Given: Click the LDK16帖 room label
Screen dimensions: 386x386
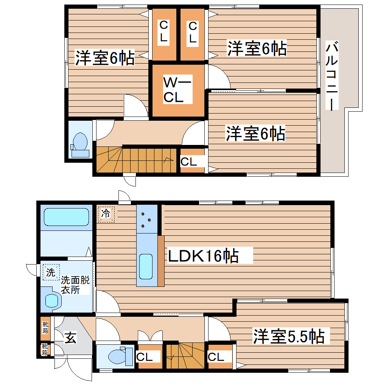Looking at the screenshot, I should click(203, 256).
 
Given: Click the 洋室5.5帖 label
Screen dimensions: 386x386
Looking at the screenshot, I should click(288, 336).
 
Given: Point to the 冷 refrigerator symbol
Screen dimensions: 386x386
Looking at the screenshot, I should click(106, 214).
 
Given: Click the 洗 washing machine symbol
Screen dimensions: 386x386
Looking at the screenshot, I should click(50, 272).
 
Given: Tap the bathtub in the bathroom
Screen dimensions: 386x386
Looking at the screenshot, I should click(66, 217).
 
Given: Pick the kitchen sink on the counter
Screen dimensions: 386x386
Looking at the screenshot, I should click(146, 266).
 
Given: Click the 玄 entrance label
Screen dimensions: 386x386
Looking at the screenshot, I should click(70, 337).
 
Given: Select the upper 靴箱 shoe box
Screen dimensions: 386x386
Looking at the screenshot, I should click(45, 327).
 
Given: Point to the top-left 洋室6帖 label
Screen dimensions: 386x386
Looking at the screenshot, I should click(104, 58).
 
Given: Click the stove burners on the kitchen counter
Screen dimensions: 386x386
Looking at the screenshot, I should click(146, 219).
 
